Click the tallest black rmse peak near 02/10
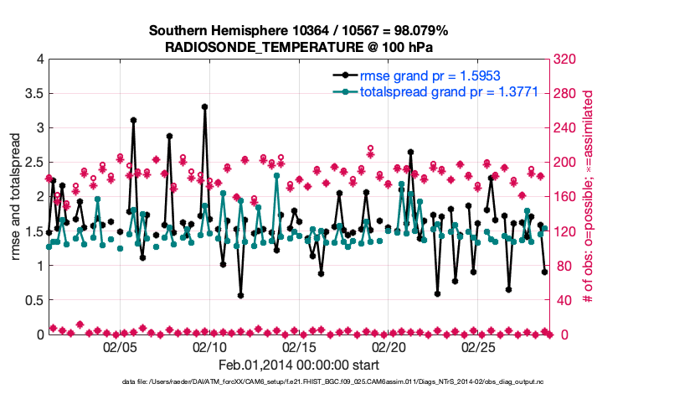pos(204,107)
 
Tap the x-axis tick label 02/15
pos(299,346)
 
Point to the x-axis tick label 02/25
pos(478,346)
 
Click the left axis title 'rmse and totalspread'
pos(16,196)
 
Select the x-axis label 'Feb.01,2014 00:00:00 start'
pos(298,365)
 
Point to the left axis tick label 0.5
pos(34,300)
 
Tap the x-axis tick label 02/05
pos(120,346)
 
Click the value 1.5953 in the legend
pos(475,75)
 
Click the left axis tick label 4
pos(39,60)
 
